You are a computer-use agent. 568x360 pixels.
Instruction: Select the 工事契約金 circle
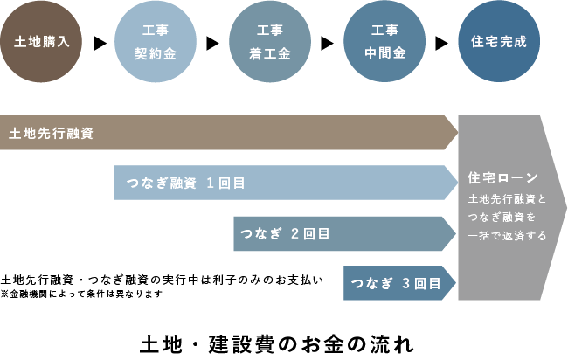point(156,42)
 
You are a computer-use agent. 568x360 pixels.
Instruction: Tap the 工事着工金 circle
point(270,42)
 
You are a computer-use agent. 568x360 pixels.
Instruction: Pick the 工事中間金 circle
point(384,42)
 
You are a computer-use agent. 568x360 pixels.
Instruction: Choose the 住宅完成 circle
point(498,42)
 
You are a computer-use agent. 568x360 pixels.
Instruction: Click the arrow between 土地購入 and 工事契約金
point(100,42)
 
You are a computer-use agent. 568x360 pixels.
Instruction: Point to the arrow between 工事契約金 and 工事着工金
point(213,42)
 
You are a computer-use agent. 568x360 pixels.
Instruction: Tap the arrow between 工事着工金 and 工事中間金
point(328,42)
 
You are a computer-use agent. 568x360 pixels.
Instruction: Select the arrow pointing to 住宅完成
point(441,42)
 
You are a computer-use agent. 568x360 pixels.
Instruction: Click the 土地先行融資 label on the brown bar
point(51,133)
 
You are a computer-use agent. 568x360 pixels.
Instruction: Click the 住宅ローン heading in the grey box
point(502,178)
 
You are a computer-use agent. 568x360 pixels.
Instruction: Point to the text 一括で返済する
point(508,235)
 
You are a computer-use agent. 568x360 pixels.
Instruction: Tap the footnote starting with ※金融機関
point(82,294)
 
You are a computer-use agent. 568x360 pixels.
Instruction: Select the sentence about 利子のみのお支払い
point(163,280)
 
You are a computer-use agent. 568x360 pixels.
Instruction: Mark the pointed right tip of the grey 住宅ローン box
point(565,208)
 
